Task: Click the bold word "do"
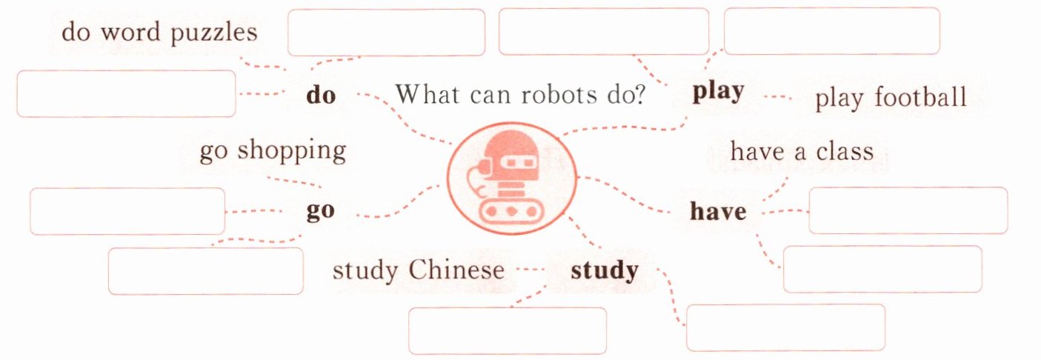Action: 321,96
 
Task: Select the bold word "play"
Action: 718,93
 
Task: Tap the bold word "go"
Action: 321,210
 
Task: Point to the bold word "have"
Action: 718,212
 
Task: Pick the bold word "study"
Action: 604,270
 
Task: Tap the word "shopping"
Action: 292,152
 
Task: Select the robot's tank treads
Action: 511,212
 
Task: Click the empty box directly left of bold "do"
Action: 126,93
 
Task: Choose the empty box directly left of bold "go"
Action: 127,211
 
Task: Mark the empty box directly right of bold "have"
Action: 908,210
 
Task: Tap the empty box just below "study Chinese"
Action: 508,330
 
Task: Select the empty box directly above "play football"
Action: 831,31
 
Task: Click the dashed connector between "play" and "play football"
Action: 778,97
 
